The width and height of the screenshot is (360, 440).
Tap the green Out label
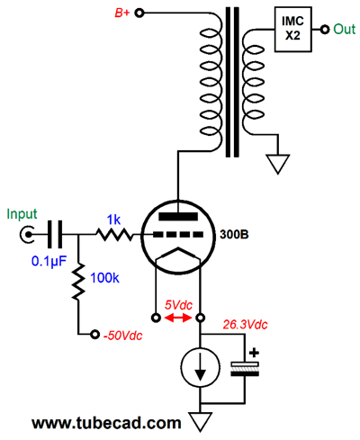345,29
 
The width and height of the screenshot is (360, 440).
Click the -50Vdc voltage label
124,335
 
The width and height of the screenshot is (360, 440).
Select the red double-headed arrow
177,318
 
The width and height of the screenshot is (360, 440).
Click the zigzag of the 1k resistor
113,235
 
